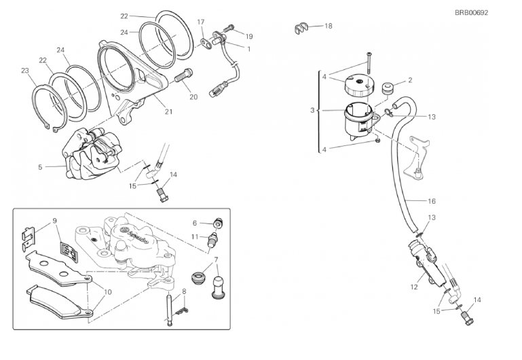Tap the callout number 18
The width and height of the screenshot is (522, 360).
click(329, 26)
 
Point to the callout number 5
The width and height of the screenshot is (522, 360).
click(41, 166)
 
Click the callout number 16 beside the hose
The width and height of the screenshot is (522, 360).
click(431, 201)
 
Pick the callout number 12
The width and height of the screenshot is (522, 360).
click(413, 287)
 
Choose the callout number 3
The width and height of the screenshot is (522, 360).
click(313, 109)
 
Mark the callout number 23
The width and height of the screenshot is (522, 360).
click(25, 70)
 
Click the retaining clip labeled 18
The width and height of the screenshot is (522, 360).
click(301, 29)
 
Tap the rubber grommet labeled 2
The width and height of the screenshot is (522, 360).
click(390, 90)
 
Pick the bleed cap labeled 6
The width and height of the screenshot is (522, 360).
click(218, 222)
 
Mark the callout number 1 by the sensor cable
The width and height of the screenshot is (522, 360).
click(249, 48)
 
